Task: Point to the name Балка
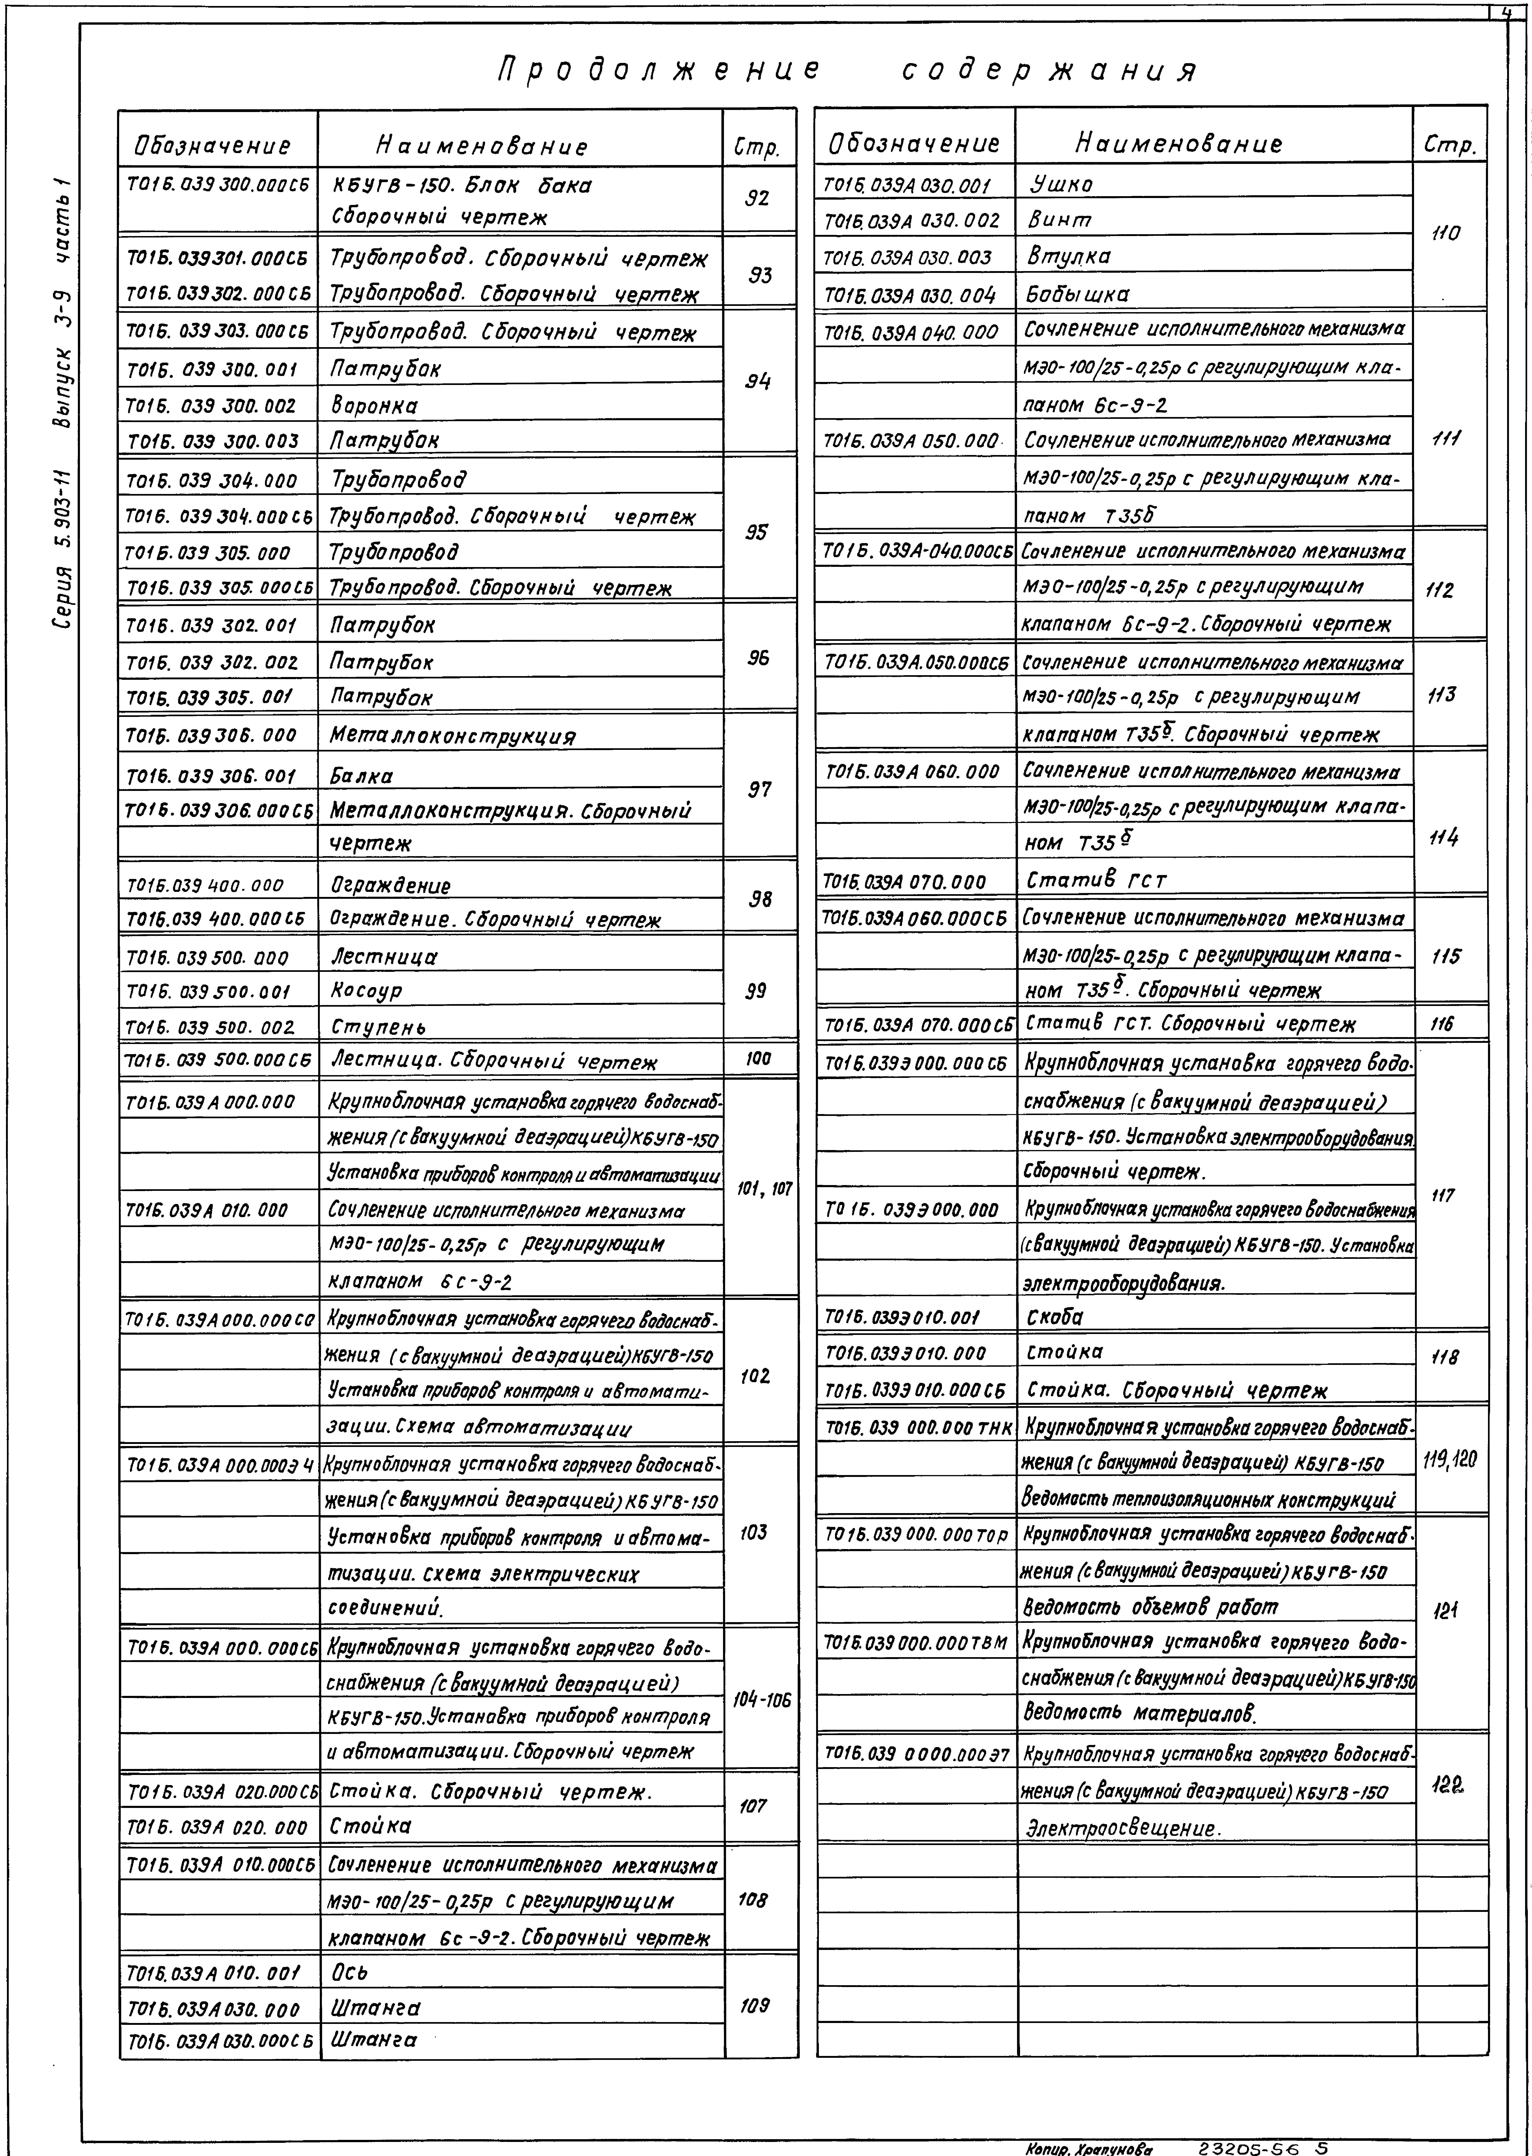361,776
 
